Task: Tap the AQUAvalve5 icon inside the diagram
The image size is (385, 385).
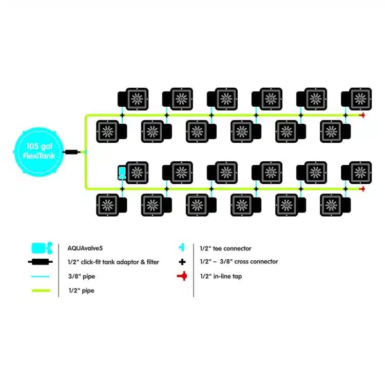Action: click(x=122, y=172)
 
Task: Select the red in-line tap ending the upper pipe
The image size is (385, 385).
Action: click(x=362, y=115)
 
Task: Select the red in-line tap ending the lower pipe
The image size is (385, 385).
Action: click(x=362, y=189)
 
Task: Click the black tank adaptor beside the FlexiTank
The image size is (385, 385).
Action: click(x=71, y=152)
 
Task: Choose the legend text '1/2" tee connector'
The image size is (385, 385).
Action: click(x=225, y=248)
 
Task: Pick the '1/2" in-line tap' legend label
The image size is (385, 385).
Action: click(x=221, y=276)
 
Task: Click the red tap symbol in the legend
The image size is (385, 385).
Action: click(x=181, y=276)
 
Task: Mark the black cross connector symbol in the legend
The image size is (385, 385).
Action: click(x=181, y=262)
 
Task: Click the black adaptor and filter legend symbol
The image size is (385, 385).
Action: click(x=40, y=262)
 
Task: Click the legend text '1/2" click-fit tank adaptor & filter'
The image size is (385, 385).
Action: click(x=113, y=262)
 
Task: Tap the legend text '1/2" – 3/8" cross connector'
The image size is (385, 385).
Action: click(x=239, y=262)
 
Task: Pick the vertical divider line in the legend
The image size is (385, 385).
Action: click(x=194, y=269)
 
